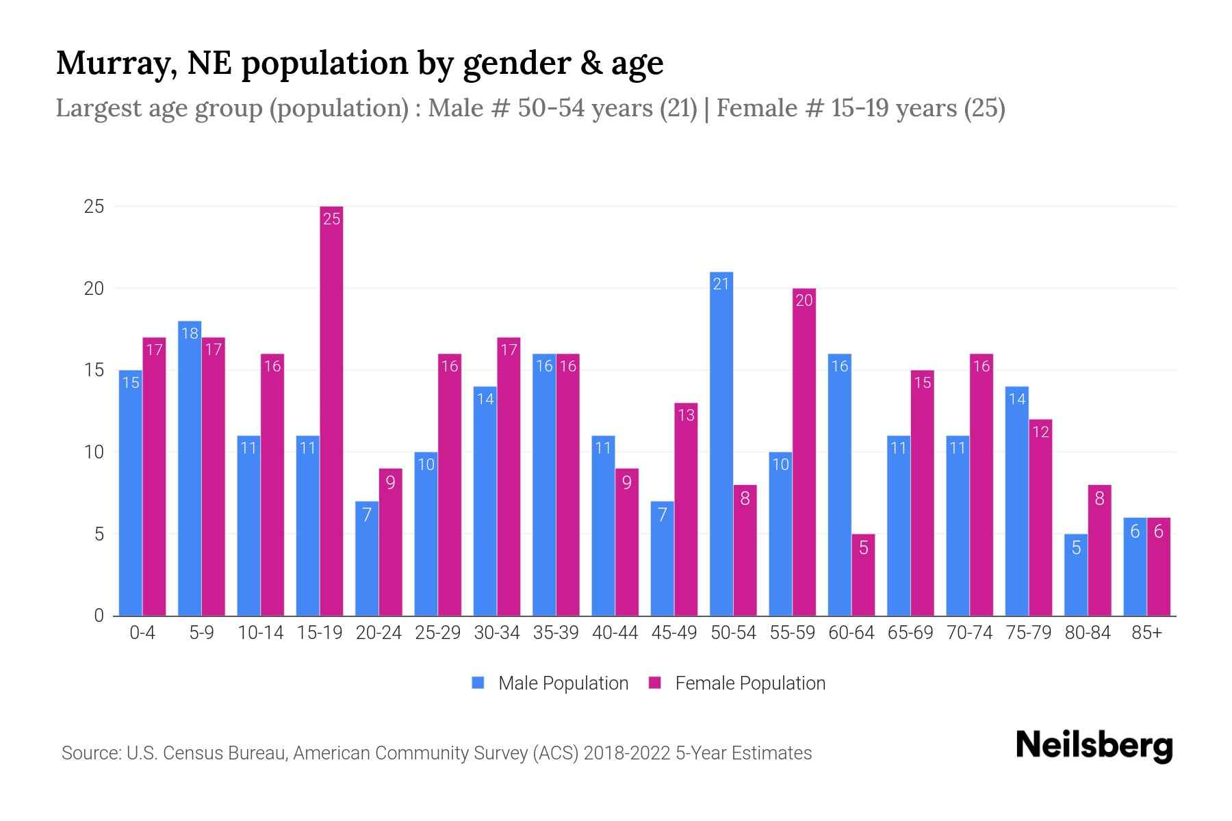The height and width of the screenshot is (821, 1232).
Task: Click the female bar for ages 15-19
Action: point(331,410)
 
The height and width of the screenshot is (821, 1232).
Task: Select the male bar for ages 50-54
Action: point(721,445)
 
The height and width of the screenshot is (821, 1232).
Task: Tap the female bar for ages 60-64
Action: point(863,575)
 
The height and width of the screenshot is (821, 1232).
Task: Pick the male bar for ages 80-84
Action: point(1076,575)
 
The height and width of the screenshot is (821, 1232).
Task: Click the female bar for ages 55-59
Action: point(804,452)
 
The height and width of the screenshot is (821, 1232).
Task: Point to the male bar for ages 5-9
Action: point(190,469)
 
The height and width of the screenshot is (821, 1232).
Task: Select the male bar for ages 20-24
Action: point(367,558)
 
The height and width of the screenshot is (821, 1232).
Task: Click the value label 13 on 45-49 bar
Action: point(686,415)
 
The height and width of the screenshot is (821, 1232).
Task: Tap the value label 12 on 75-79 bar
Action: point(1040,432)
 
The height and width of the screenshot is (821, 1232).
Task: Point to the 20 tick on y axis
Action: point(94,289)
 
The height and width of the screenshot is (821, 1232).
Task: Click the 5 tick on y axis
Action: point(99,534)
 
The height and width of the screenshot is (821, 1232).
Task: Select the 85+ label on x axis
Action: point(1146,633)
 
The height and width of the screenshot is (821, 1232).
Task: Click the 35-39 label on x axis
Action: point(556,633)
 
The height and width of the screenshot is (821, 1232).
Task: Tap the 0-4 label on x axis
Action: point(142,633)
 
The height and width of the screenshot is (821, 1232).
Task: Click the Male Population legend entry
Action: point(550,683)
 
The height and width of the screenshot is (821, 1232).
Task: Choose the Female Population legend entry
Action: point(737,683)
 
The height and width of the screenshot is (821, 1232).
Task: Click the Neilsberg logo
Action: point(1094,745)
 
